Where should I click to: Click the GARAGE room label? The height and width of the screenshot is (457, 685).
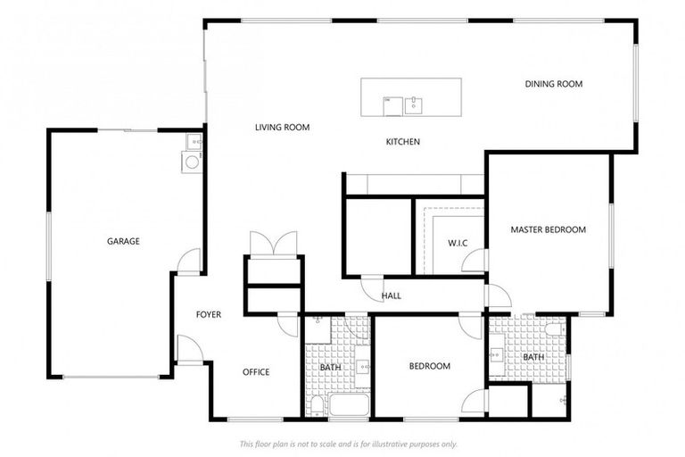pos(123,241)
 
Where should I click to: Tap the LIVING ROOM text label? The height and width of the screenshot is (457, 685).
pos(282,128)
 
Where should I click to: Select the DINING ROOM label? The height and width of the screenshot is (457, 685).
pos(553,84)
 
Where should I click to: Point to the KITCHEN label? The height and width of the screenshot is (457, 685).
pos(402,142)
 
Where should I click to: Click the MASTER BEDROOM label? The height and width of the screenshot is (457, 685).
pos(548,229)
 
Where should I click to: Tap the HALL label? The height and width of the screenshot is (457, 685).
pos(392,295)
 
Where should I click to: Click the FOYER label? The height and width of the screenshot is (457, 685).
pos(209,314)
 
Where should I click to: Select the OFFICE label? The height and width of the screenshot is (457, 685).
pos(256,372)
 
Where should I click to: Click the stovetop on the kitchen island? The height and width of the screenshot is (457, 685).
pos(391,104)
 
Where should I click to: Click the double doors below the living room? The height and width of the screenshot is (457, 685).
pos(273,244)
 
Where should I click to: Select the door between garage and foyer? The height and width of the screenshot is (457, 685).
pos(189,262)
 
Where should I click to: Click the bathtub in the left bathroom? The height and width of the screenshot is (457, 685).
pos(348,407)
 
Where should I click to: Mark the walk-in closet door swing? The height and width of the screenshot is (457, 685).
pos(475,261)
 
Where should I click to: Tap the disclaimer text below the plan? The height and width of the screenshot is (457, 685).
pos(348,444)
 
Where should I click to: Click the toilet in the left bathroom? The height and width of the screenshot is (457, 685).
pos(317,406)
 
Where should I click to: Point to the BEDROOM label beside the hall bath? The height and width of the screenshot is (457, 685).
pos(429,366)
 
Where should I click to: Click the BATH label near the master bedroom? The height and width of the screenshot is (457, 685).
pos(532,357)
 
